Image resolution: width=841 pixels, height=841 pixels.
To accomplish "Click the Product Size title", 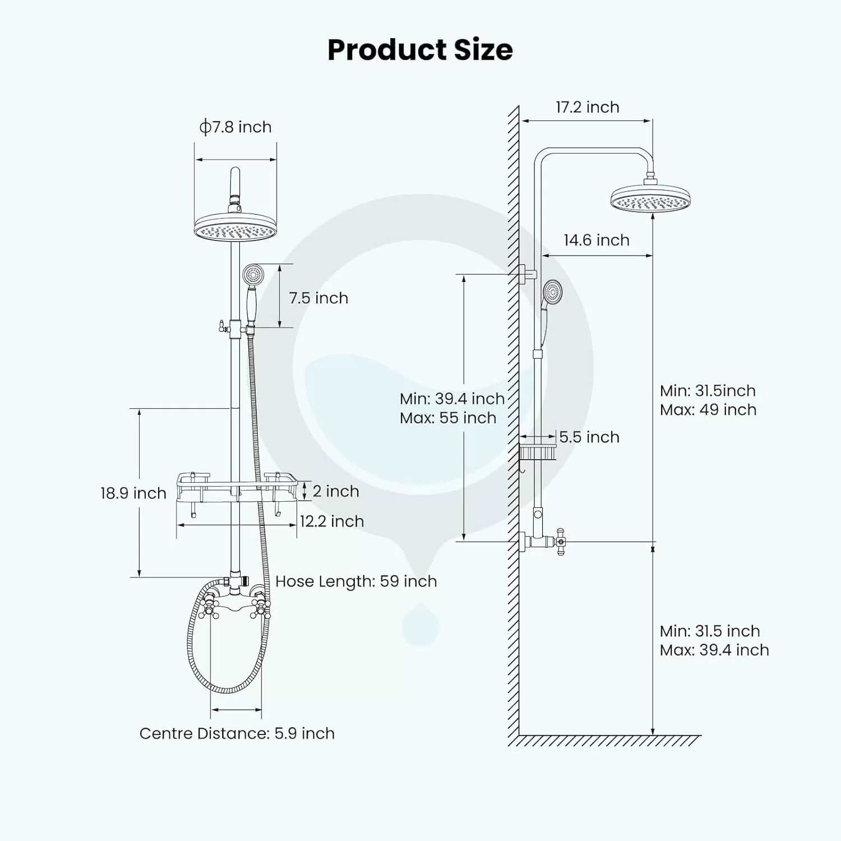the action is (x=420, y=49).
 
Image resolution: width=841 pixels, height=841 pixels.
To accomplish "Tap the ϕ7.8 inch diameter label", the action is (x=235, y=127).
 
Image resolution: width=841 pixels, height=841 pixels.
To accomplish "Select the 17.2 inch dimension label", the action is (x=588, y=107).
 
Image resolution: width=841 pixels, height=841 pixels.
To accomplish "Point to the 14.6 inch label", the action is (x=597, y=240).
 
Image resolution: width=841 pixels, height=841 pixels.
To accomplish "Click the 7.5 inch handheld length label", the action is (x=318, y=298).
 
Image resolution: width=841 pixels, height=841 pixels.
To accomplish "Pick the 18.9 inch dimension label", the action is (x=133, y=493).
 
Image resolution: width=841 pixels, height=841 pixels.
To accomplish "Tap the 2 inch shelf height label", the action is (x=336, y=491).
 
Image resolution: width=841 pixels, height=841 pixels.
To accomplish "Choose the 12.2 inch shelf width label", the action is (x=332, y=521).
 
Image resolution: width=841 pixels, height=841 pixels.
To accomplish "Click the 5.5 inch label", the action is (x=589, y=437).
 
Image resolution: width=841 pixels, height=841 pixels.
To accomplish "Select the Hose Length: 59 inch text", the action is (x=356, y=581).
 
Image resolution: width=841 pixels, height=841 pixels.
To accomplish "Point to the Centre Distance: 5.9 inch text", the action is (x=237, y=733).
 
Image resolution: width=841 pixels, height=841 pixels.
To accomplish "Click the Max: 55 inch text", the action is (x=448, y=418).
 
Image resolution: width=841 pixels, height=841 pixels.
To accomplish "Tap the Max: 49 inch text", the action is (x=708, y=410).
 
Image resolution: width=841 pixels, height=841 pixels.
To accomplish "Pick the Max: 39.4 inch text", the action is (x=714, y=650).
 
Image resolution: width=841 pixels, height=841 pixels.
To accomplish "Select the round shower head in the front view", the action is (x=235, y=227).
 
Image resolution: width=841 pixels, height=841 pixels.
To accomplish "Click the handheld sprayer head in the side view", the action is (x=553, y=292).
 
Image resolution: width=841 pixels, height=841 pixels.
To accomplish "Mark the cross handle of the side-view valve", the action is (x=560, y=542).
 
